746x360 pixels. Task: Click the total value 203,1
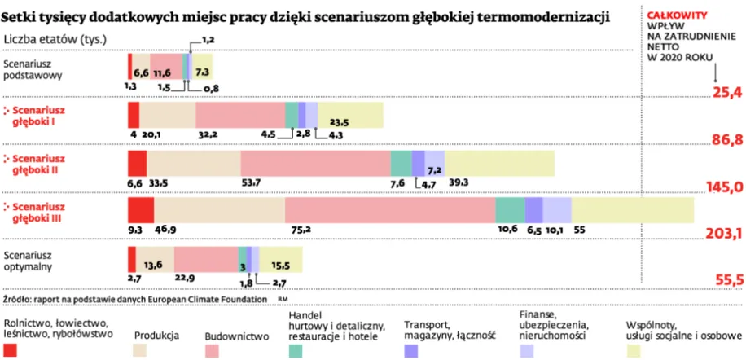pyautogui.click(x=722, y=234)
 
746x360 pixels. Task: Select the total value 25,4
pyautogui.click(x=728, y=92)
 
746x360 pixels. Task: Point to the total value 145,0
pyautogui.click(x=722, y=187)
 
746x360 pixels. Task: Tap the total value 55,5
pyautogui.click(x=728, y=279)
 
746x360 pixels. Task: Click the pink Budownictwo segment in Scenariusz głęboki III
pyautogui.click(x=390, y=210)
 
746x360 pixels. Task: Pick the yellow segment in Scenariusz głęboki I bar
pyautogui.click(x=350, y=115)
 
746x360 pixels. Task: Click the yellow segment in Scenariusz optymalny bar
pyautogui.click(x=281, y=260)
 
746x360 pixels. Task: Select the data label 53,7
pyautogui.click(x=251, y=183)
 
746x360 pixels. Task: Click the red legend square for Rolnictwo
pyautogui.click(x=11, y=349)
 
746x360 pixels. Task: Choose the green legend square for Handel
pyautogui.click(x=296, y=349)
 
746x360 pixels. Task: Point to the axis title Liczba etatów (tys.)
pyautogui.click(x=55, y=38)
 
